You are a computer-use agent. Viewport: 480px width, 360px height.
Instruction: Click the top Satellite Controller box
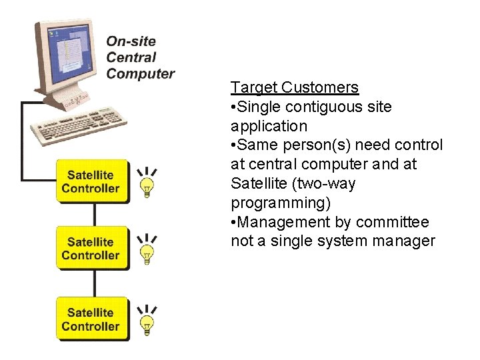(91, 181)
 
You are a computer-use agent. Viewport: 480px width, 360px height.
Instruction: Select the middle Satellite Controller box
(91, 248)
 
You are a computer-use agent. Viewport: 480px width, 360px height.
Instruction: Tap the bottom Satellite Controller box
(91, 319)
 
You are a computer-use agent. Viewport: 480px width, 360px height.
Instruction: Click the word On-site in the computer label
(131, 41)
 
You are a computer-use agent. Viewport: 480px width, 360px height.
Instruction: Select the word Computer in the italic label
(140, 73)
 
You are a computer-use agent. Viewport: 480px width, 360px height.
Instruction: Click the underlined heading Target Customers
(295, 87)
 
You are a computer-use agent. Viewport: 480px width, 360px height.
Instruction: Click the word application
(269, 126)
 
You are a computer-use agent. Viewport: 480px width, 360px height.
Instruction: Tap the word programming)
(280, 203)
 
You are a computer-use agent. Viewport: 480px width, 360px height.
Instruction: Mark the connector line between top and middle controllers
(94, 214)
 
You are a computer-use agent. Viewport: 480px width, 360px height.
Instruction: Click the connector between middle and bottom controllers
(94, 283)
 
